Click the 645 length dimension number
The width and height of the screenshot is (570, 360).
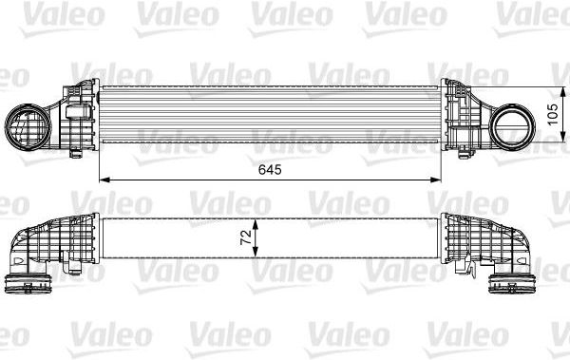270,169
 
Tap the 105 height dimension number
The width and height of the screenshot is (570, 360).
553,115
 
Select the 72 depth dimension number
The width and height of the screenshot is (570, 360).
246,237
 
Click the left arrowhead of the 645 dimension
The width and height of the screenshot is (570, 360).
104,180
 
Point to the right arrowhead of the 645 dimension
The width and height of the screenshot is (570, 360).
435,180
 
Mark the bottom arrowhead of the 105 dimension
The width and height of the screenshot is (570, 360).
562,137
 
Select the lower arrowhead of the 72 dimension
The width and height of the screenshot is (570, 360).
256,253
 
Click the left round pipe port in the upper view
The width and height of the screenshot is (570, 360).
28,127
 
